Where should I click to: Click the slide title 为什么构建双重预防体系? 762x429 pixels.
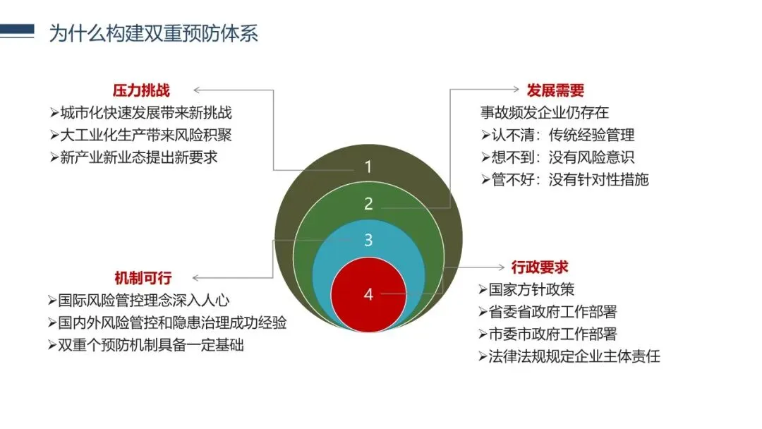153,33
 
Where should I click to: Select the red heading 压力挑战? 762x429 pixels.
141,90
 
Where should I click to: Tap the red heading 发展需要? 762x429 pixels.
555,90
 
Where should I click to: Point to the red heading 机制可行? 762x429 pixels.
143,278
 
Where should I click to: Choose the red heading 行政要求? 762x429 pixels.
540,267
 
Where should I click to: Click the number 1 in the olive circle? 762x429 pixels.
368,167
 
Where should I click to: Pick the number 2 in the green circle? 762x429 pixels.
368,204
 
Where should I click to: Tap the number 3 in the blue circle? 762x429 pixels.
368,240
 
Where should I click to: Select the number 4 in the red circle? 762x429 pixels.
368,294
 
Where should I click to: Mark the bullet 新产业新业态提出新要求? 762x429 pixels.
134,157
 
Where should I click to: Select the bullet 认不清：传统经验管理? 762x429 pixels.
557,135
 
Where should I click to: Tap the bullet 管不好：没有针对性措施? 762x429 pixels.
564,179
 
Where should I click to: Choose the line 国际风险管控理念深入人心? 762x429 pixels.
139,301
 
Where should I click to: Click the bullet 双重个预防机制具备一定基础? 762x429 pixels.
146,346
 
